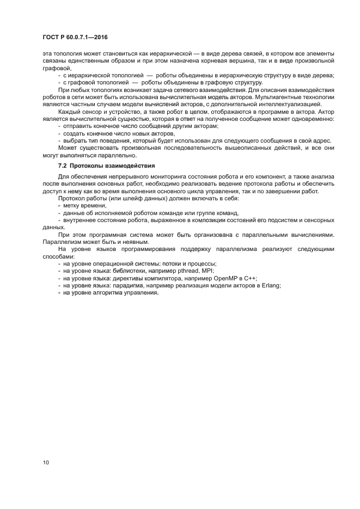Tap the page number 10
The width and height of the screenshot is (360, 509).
coord(46,463)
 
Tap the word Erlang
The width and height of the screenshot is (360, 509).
coord(270,285)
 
